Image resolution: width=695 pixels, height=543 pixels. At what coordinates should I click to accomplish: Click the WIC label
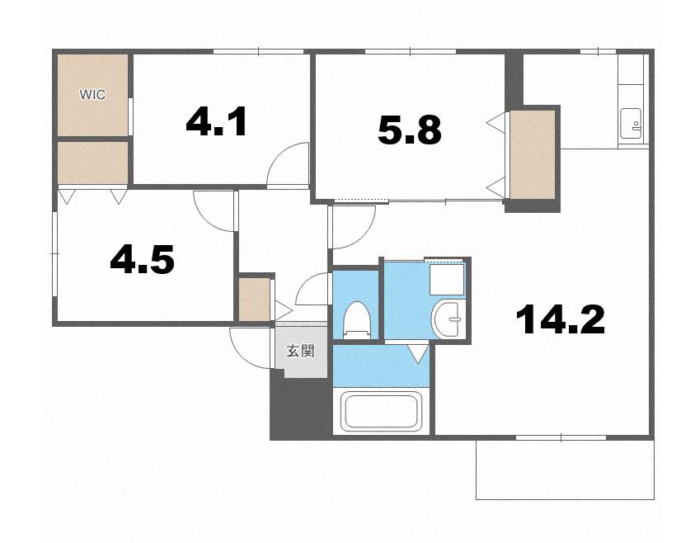coord(92,95)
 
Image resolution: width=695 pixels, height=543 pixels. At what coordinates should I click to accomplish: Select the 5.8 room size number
coord(410,130)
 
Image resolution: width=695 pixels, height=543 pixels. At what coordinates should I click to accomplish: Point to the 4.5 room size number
coord(142,259)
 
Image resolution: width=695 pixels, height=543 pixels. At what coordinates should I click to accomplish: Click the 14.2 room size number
coord(561,319)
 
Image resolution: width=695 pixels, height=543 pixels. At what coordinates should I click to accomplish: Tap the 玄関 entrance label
coord(301,351)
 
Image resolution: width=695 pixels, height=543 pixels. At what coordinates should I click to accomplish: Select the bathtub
coord(381,411)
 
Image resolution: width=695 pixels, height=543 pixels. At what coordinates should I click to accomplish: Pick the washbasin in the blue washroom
coord(448,319)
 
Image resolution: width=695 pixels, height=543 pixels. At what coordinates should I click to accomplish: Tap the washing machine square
coord(446,279)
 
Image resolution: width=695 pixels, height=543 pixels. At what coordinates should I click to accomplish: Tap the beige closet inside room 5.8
coord(533,154)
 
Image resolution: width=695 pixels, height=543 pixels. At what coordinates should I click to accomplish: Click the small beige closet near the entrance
coord(255,299)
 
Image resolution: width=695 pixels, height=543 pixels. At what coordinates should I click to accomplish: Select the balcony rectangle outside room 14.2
coord(565,470)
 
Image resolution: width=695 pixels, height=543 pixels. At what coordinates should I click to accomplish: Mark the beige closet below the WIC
coord(92,163)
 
